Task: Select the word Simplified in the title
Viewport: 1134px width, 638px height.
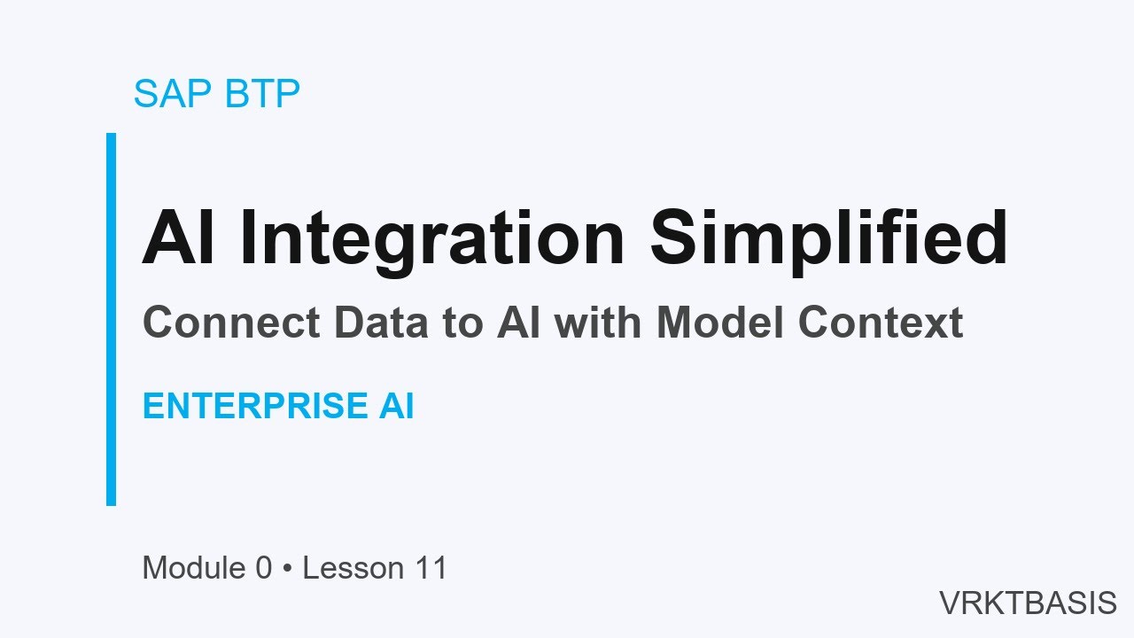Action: point(829,238)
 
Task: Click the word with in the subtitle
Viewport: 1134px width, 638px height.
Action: point(602,323)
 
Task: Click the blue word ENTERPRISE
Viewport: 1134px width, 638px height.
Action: point(253,407)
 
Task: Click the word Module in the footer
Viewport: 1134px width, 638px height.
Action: point(194,568)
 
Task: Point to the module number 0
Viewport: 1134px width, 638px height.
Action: point(263,568)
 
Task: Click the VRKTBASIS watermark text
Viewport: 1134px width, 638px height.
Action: point(1028,603)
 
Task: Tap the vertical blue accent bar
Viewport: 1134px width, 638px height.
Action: point(112,319)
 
